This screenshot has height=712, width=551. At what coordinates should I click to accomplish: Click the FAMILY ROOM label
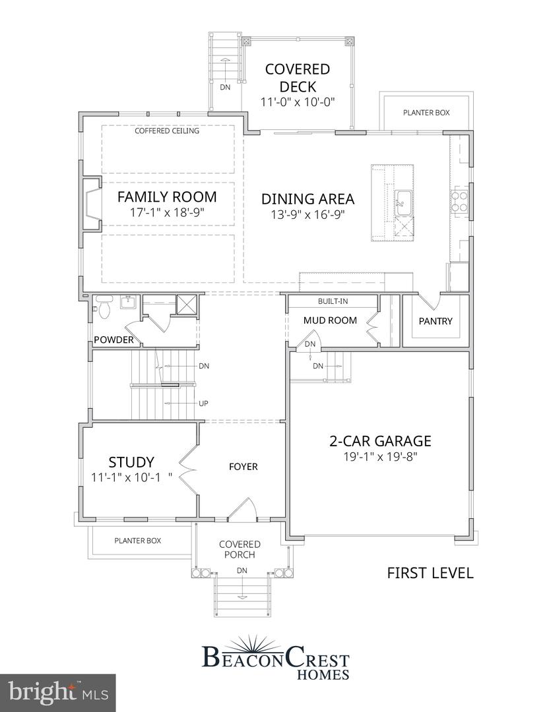(x=167, y=196)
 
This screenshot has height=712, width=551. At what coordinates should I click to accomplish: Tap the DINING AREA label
(x=308, y=199)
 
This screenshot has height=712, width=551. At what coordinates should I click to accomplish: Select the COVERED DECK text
(x=297, y=78)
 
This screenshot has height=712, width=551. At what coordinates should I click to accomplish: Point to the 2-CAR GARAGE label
(x=380, y=441)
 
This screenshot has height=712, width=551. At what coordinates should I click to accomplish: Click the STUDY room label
(x=131, y=461)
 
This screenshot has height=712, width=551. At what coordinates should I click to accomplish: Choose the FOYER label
(x=243, y=467)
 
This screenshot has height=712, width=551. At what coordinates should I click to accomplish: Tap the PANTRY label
(x=436, y=321)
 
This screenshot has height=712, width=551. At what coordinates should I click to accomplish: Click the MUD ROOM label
(x=330, y=320)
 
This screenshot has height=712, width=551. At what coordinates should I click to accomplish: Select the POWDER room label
(x=113, y=340)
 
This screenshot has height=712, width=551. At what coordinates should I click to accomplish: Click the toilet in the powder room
(x=104, y=307)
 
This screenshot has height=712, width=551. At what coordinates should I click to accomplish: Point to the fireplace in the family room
(x=91, y=204)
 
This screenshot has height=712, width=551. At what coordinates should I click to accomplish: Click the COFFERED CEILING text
(x=167, y=131)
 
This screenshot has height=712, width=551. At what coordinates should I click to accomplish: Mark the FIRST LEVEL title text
(x=430, y=573)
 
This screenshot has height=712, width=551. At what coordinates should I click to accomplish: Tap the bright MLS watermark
(x=57, y=693)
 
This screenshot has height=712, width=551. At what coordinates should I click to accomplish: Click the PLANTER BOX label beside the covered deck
(x=426, y=113)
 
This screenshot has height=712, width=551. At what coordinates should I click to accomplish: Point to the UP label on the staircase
(x=204, y=403)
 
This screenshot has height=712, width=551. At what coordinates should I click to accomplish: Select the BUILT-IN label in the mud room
(x=333, y=301)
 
